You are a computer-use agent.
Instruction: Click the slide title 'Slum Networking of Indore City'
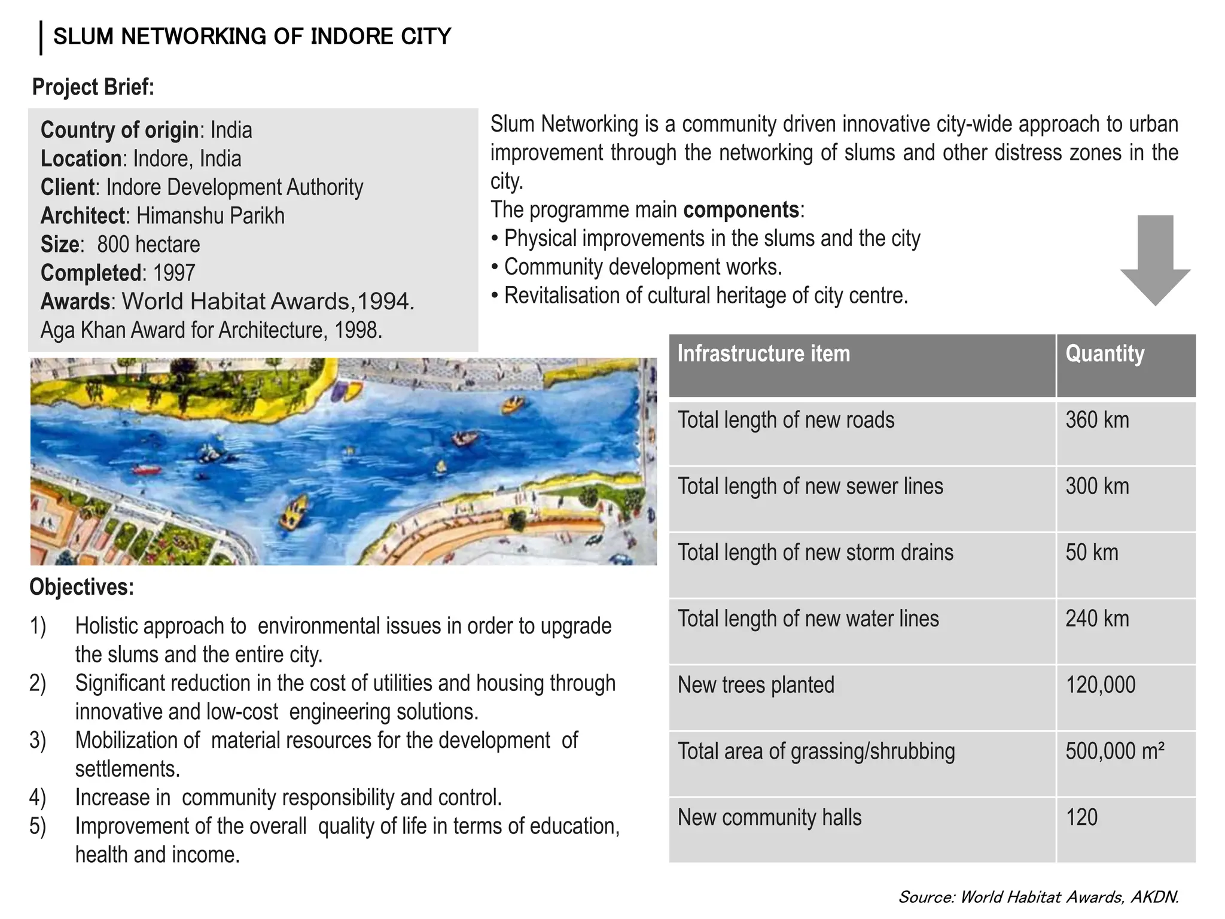click(252, 36)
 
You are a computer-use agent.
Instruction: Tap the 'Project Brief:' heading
click(93, 87)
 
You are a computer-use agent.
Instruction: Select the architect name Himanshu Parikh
click(210, 216)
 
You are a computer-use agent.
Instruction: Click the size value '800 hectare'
click(148, 245)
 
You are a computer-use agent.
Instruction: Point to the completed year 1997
click(174, 273)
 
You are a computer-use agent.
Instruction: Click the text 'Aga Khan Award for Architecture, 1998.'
click(211, 330)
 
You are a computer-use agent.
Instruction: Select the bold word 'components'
click(741, 210)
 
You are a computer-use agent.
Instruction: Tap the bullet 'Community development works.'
click(643, 267)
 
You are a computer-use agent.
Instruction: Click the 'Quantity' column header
click(1105, 354)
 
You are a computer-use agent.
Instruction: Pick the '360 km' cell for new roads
click(1097, 420)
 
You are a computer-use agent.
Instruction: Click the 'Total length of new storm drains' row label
click(815, 552)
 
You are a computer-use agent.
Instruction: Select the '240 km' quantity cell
click(1097, 619)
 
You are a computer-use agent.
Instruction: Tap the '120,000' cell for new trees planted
click(1100, 685)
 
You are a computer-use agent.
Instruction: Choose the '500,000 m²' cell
click(1114, 751)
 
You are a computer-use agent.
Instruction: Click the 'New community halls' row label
click(769, 817)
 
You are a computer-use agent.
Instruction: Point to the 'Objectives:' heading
click(82, 587)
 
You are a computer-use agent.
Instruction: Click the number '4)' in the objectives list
click(38, 798)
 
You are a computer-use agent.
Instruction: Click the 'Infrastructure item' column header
click(763, 354)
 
